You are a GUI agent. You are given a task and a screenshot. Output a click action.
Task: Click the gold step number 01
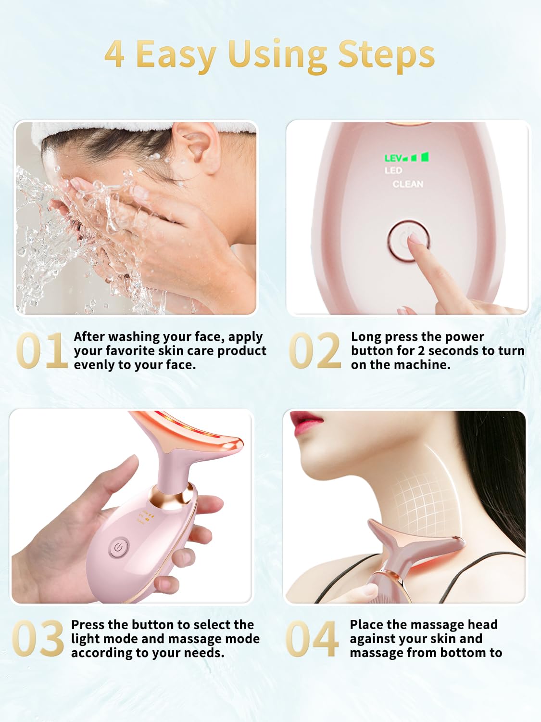click(41, 351)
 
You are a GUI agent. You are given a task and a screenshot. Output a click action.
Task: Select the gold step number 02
click(315, 351)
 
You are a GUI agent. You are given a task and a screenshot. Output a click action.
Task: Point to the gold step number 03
click(38, 639)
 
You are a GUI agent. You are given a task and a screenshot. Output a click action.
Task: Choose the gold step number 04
click(312, 639)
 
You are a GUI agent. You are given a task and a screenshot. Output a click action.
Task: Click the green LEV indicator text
click(393, 158)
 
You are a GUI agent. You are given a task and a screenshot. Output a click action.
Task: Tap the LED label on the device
click(393, 170)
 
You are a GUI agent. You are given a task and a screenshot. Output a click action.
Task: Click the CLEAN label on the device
click(408, 184)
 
